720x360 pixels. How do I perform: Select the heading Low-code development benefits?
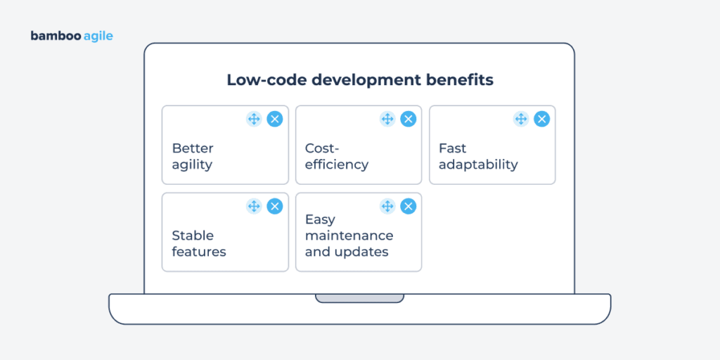tap(359, 80)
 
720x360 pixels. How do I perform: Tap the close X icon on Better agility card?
tap(275, 119)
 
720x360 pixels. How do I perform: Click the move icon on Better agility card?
tap(254, 119)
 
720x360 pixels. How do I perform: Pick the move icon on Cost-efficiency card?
tap(387, 119)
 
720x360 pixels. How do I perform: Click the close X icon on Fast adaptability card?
tap(541, 119)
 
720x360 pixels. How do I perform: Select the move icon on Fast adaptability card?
tap(521, 119)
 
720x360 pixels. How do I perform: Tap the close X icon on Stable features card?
tap(275, 206)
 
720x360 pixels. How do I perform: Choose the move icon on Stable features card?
tap(254, 206)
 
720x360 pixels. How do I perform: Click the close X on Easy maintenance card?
tap(408, 206)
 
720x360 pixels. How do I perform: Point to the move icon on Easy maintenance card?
tap(387, 206)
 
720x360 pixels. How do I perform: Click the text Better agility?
tap(193, 157)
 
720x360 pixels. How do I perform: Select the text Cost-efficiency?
tap(336, 157)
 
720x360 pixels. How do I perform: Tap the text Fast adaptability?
tap(478, 157)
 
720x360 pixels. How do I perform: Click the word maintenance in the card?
tap(349, 236)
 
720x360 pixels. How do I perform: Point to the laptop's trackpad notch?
tap(359, 298)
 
